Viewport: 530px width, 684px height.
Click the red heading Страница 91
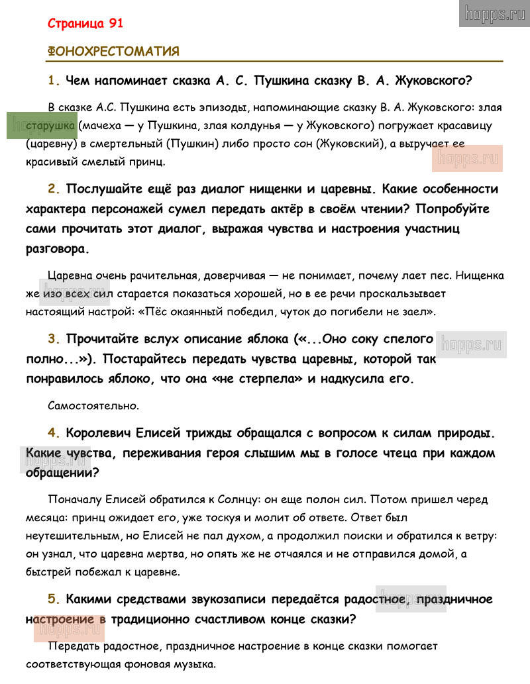(85, 23)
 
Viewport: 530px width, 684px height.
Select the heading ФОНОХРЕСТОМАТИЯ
(113, 52)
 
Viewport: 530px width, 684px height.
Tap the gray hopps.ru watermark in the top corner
(494, 13)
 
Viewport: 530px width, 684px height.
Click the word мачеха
(103, 125)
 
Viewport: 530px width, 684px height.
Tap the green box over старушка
(42, 125)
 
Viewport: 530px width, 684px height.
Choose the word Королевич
(99, 434)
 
